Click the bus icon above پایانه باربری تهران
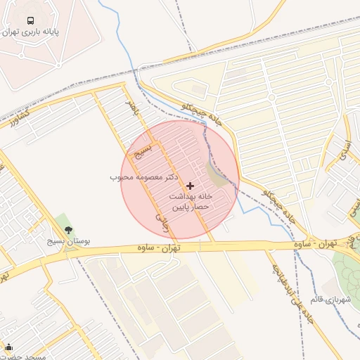[x=31, y=20]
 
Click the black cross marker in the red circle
[x=190, y=185]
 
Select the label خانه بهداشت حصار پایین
[x=190, y=202]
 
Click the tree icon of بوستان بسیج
[x=68, y=230]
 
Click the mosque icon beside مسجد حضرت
[x=8, y=347]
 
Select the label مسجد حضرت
[x=27, y=357]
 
